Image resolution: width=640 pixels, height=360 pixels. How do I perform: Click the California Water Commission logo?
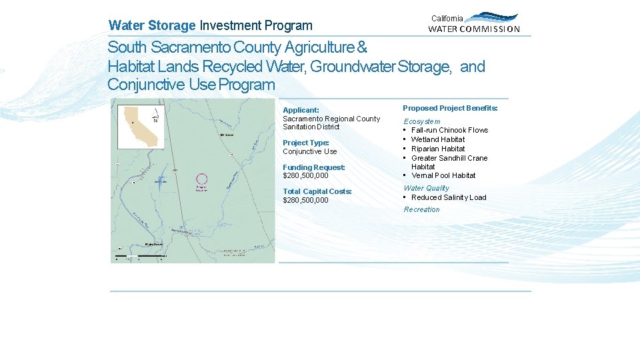(474, 23)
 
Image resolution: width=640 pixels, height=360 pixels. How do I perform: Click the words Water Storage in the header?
(152, 26)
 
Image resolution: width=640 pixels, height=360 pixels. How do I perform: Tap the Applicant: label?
(301, 110)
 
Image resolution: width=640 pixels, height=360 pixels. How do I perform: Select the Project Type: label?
(306, 143)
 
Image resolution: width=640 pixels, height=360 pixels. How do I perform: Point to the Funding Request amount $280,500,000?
(305, 176)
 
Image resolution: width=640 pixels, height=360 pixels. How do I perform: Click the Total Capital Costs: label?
(317, 191)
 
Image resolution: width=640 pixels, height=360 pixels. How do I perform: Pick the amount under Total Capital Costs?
(305, 200)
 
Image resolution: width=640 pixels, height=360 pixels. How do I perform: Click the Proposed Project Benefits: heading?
(450, 108)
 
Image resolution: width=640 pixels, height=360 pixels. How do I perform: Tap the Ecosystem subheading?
(422, 121)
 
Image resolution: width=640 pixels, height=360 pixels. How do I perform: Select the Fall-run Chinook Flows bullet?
(449, 130)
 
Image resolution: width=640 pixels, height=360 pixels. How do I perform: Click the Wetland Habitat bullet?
(438, 139)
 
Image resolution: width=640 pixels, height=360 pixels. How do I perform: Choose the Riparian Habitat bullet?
(438, 149)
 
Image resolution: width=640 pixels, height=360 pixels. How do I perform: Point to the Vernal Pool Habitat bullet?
(443, 175)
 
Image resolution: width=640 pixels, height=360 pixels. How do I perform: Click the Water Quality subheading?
(427, 188)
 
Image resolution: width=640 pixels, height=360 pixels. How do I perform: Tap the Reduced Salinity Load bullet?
(449, 197)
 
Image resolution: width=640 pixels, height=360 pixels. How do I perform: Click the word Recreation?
(422, 209)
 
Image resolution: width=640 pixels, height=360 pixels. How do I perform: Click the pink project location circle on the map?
(201, 179)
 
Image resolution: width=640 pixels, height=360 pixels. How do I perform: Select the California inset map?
(141, 126)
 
